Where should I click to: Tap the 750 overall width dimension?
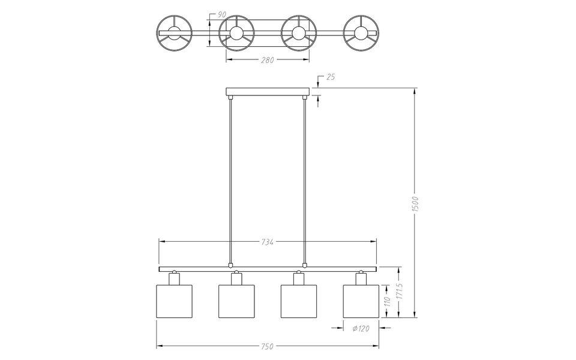point(268,346)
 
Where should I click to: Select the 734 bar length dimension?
point(268,242)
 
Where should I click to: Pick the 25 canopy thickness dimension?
point(331,77)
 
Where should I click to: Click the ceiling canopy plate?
point(268,92)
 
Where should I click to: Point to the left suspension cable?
point(230,180)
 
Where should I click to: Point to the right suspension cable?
point(305,180)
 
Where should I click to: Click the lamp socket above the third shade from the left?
point(299,278)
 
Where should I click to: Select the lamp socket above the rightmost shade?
point(361,278)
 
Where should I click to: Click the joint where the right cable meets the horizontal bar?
point(305,264)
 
